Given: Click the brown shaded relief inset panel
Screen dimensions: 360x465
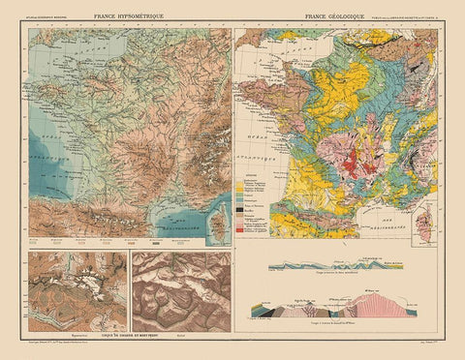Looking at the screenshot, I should click(x=181, y=290).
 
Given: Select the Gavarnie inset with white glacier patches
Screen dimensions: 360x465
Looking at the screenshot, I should click(x=77, y=290).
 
